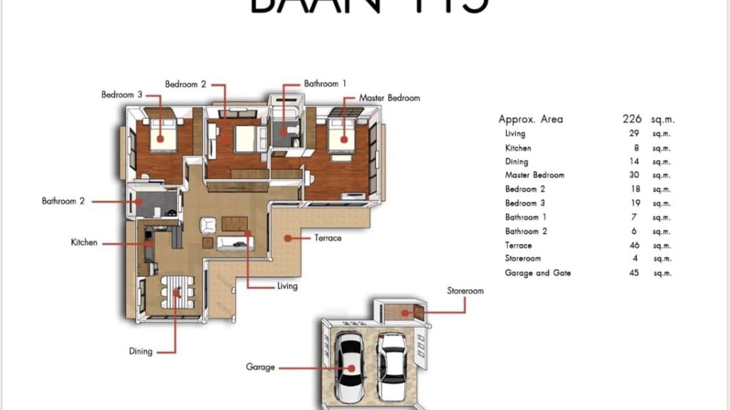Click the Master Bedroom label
click(x=389, y=98)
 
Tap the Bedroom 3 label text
click(x=122, y=95)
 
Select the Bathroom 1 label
click(x=325, y=84)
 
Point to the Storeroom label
click(x=465, y=291)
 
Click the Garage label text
click(x=260, y=367)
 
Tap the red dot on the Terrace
click(x=287, y=238)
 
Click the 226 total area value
click(x=632, y=119)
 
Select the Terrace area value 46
click(x=634, y=245)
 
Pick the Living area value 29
click(x=634, y=133)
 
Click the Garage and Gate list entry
click(x=538, y=273)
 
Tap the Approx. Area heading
click(x=530, y=119)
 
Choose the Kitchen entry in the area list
click(x=518, y=148)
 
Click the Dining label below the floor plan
click(x=140, y=351)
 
